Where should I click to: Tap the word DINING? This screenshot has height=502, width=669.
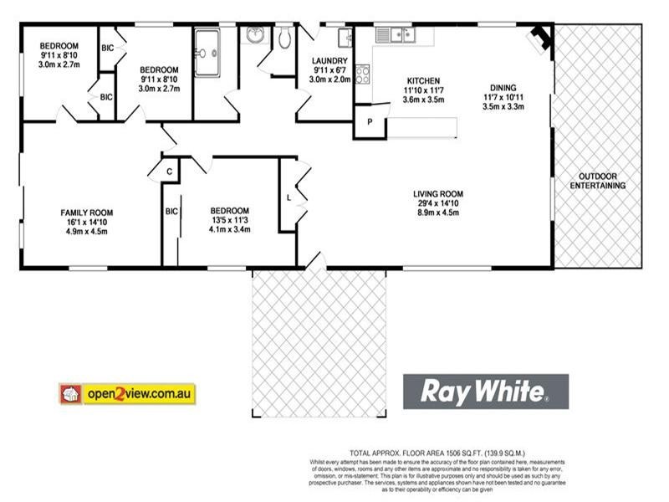pos(503,87)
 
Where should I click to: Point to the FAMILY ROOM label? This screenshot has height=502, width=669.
pos(86,212)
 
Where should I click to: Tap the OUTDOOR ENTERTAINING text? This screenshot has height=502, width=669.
pos(597,181)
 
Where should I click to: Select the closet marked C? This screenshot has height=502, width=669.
pos(168,171)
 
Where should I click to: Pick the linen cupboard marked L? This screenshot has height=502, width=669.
pos(289,198)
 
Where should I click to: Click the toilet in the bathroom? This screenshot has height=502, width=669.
pos(285,38)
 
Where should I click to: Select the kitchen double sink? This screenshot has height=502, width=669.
pos(393,35)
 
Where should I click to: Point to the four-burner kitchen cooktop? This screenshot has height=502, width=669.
pos(363,75)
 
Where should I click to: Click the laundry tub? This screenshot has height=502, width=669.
pos(345,37)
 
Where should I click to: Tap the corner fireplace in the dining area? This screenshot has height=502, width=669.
pos(540,37)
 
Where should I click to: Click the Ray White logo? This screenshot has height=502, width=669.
pos(486,391)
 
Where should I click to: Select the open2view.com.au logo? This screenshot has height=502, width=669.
pos(126,393)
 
